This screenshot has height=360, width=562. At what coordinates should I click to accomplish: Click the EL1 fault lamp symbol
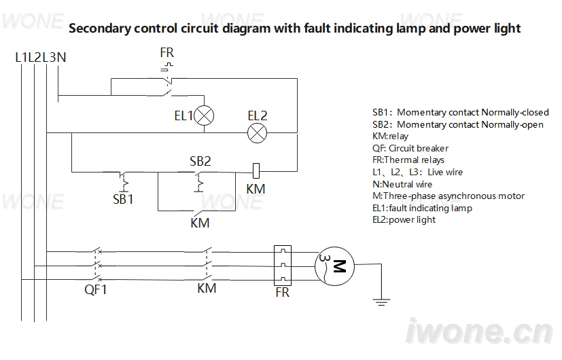(x=204, y=115)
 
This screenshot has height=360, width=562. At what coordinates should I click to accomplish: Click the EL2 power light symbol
(x=258, y=133)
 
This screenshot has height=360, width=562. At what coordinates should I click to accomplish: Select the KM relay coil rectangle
(x=256, y=171)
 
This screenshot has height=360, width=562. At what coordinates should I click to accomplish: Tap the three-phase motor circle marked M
(x=334, y=266)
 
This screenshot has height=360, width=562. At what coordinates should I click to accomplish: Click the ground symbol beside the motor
(x=381, y=302)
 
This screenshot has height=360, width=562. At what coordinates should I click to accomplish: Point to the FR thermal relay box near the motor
(x=283, y=266)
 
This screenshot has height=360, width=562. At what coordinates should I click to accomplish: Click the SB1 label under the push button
(x=123, y=199)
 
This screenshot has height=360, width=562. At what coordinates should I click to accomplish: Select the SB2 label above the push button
(x=200, y=161)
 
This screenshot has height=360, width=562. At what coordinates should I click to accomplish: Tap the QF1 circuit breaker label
(x=95, y=289)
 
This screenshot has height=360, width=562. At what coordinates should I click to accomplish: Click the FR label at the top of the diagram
(x=166, y=53)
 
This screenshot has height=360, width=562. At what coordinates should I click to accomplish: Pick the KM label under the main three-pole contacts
(x=207, y=289)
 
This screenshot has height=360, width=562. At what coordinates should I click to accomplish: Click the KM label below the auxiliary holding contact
(x=200, y=223)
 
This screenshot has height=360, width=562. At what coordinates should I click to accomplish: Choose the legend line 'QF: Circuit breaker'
(x=410, y=148)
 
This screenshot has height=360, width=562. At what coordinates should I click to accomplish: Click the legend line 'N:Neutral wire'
(x=402, y=184)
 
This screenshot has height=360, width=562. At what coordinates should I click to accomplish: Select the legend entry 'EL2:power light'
(x=404, y=219)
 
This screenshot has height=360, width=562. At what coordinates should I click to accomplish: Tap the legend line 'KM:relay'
(x=390, y=136)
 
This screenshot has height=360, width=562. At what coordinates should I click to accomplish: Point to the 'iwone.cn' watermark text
(x=479, y=331)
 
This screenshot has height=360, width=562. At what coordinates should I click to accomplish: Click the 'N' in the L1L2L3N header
(x=61, y=57)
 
